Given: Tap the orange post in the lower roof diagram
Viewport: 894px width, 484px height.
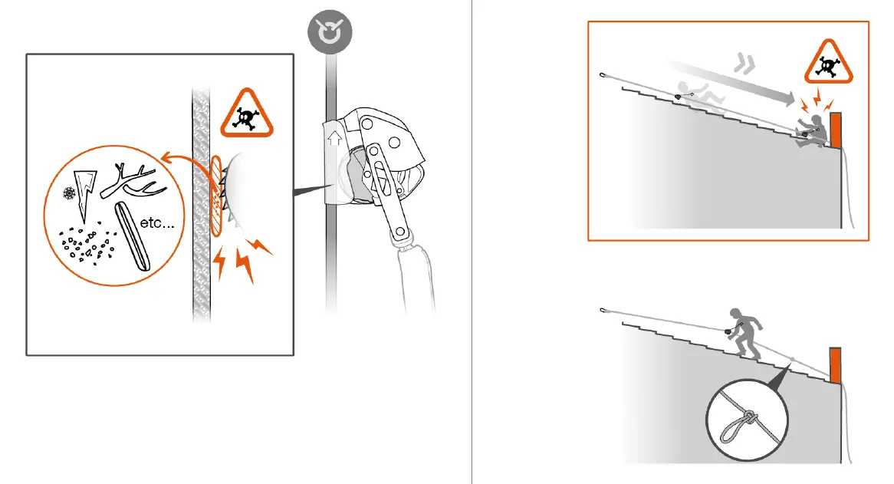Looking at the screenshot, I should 836,365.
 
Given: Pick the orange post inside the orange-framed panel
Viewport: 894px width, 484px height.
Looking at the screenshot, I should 836,130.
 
